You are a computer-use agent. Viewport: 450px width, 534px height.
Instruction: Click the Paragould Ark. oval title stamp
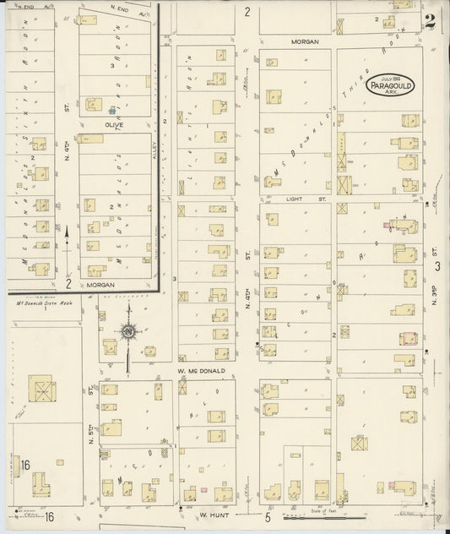click(x=389, y=85)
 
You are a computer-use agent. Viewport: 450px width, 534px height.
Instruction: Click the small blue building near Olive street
click(x=111, y=108)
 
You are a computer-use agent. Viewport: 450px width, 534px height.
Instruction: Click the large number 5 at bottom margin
click(x=267, y=516)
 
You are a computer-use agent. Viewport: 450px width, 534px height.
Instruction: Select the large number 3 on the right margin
click(x=437, y=267)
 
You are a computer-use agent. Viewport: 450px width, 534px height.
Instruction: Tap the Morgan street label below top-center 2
click(x=305, y=40)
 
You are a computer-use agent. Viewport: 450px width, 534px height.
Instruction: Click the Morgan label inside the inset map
click(x=102, y=285)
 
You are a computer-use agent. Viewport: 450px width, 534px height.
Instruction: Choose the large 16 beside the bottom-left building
click(x=26, y=465)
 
